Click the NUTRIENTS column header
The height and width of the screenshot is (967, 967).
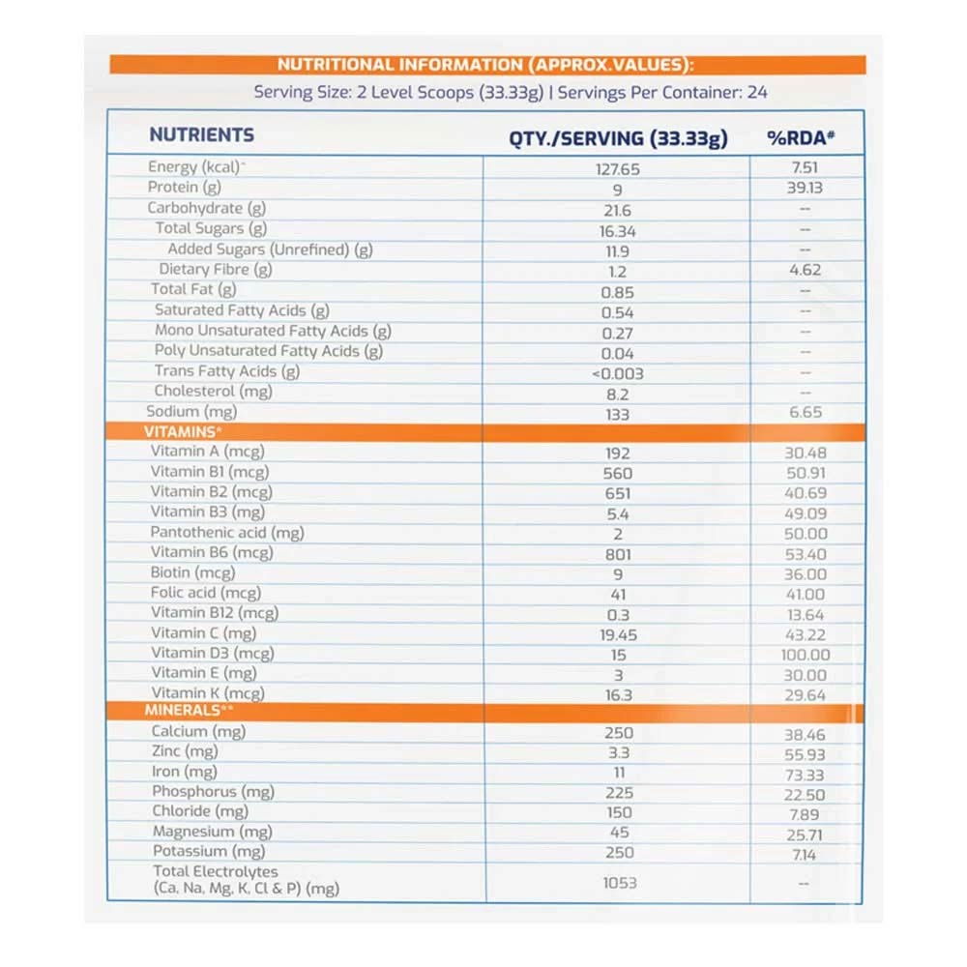pos(201,135)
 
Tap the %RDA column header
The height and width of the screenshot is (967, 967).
pos(801,138)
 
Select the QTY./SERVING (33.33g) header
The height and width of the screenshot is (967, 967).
pos(618,138)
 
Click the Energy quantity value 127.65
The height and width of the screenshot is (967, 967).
pos(618,168)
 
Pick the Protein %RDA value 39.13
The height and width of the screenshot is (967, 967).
pos(805,188)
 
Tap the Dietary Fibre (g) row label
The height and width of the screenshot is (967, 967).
pos(216,270)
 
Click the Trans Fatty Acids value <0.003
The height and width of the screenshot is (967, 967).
pos(617,373)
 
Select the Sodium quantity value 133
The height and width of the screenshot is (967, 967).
pos(617,414)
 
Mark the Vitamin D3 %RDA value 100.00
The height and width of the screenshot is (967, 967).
pos(805,655)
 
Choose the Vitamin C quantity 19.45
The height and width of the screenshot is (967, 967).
pos(618,634)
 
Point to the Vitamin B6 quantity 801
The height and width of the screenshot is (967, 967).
pos(617,554)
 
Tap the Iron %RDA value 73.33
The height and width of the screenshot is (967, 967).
pos(805,773)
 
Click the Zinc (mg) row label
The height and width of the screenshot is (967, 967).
pos(184,751)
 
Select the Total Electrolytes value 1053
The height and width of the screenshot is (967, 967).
pos(617,883)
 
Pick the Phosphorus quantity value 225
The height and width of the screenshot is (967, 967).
pos(618,793)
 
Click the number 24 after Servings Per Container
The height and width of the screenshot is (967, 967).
pos(757,93)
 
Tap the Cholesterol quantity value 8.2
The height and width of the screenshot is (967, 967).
pos(617,394)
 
